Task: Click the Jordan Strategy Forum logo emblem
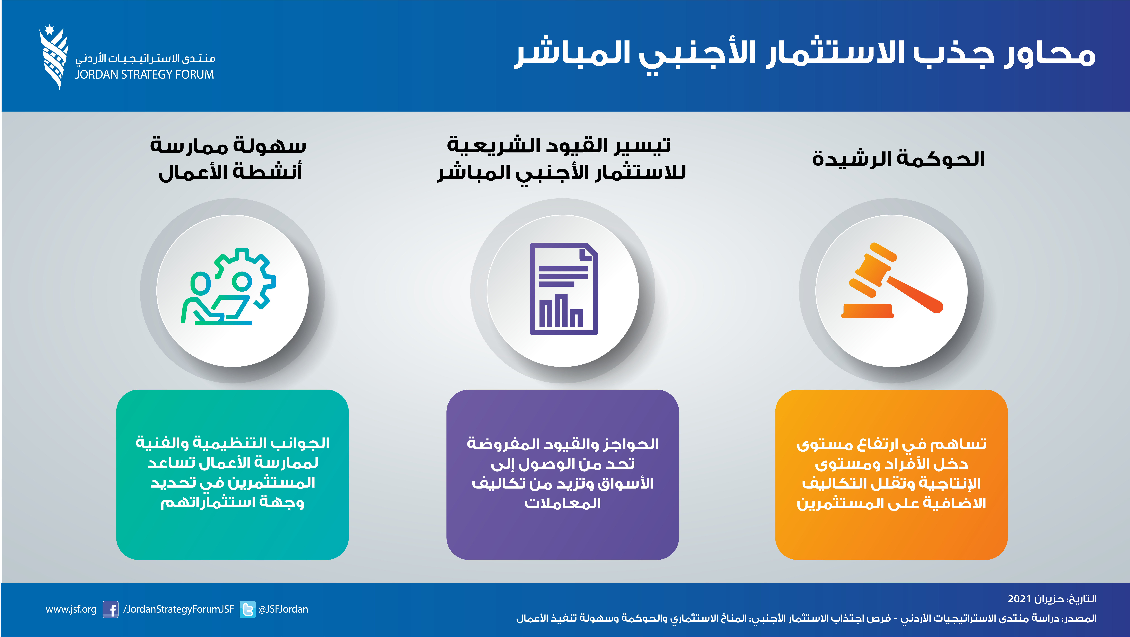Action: tap(54, 57)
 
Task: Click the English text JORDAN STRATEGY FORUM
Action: tap(144, 75)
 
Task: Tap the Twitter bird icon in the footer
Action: tap(247, 609)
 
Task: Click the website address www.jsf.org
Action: tap(71, 609)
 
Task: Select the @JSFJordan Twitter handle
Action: tap(283, 609)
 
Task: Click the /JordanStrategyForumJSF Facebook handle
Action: tap(179, 609)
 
